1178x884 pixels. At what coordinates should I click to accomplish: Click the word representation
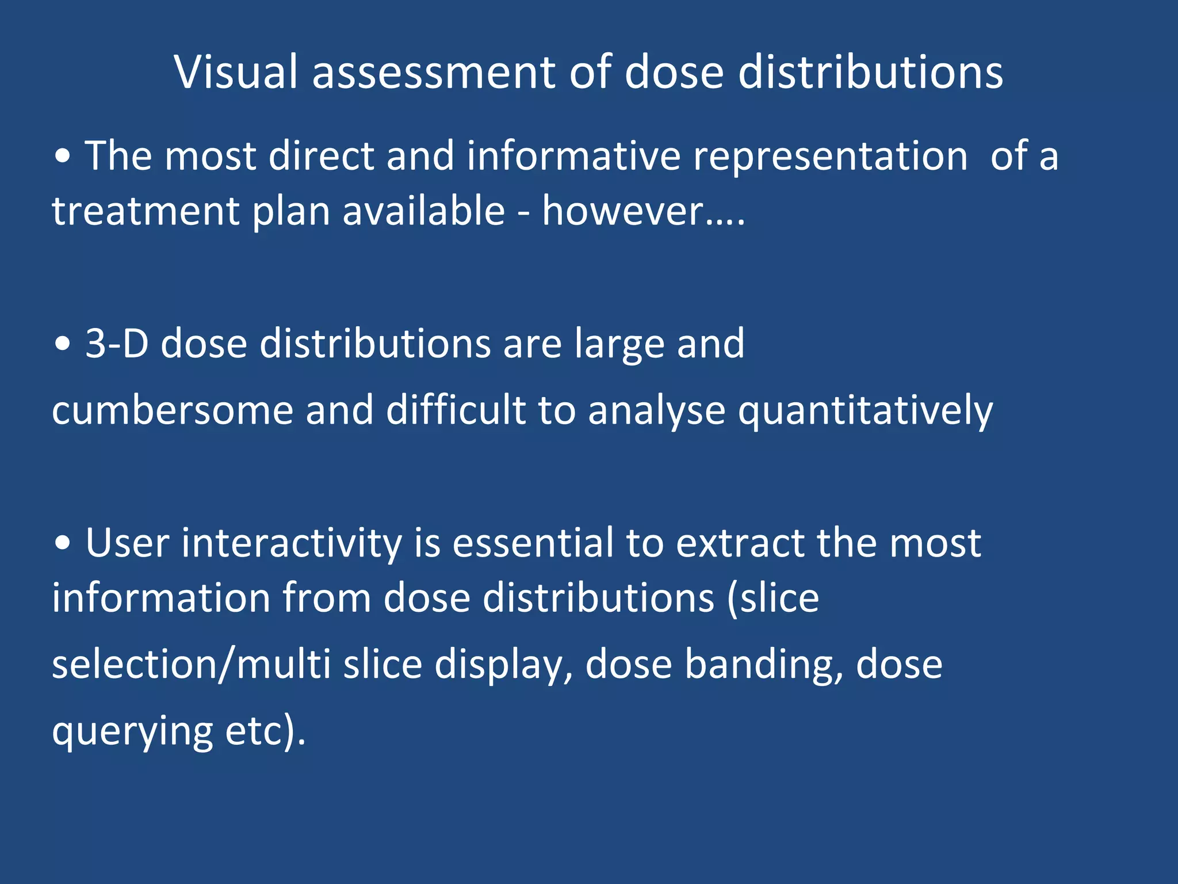[831, 156]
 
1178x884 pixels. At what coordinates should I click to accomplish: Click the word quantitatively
[865, 410]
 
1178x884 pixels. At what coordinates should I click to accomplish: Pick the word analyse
[656, 410]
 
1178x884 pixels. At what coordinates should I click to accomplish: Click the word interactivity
[292, 543]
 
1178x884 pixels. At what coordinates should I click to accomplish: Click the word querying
[133, 731]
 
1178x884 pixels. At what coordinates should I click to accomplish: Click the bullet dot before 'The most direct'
[63, 157]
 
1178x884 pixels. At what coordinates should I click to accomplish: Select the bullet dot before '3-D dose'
[63, 344]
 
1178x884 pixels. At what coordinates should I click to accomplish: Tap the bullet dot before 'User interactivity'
[63, 543]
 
